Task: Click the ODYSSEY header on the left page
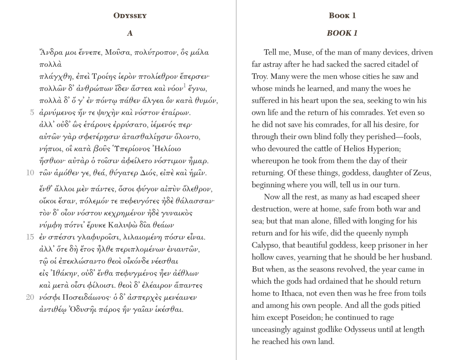130,16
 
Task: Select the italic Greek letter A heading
130,33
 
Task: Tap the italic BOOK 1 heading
342,33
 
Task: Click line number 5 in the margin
32,112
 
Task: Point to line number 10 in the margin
30,173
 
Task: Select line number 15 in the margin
30,237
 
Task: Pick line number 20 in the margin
30,297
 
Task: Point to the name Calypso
267,245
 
